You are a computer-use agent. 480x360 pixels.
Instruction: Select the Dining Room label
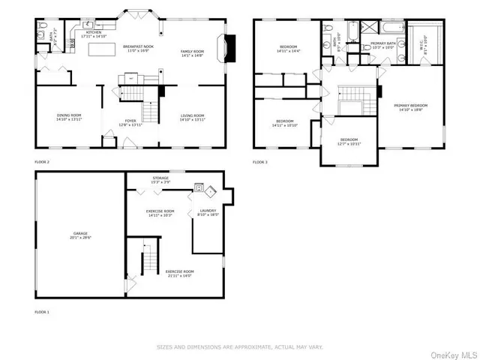tap(68, 118)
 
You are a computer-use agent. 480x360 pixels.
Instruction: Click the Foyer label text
tap(130, 122)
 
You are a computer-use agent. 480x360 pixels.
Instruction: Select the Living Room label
tap(193, 118)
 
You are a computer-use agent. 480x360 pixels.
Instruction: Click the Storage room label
tap(159, 180)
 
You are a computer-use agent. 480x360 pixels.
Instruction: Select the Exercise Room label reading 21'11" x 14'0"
tap(180, 272)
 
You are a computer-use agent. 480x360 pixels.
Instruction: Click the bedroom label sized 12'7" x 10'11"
tap(350, 141)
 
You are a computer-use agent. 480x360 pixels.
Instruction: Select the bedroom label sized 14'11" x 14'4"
tap(283, 49)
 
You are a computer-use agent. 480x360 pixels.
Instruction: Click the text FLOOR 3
tap(259, 162)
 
